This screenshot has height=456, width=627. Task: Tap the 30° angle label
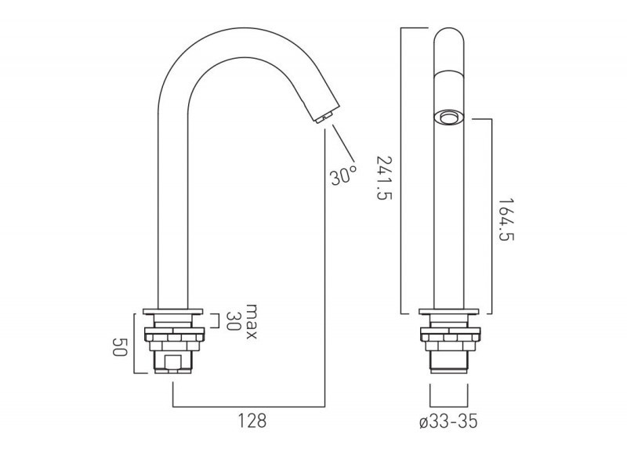[x=343, y=175]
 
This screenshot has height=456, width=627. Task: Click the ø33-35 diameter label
[x=449, y=422]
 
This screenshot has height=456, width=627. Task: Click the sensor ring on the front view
[x=449, y=118]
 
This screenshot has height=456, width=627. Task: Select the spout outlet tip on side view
[x=322, y=118]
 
